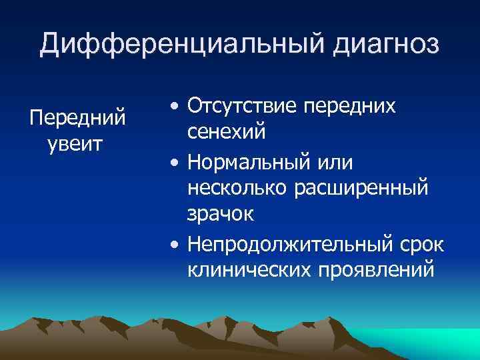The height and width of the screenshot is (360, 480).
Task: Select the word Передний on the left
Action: (x=78, y=118)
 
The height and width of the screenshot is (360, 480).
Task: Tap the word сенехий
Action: (x=227, y=132)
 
